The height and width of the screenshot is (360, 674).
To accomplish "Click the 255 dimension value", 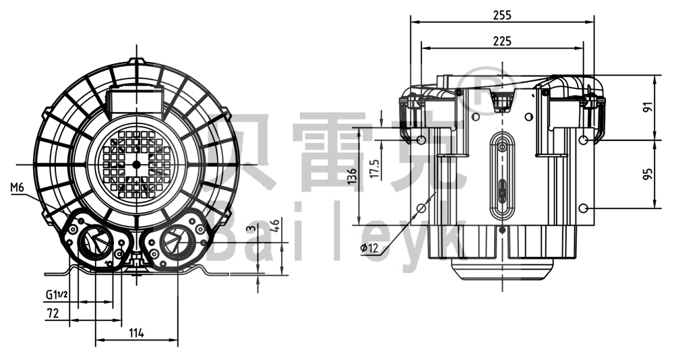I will tap(501, 14).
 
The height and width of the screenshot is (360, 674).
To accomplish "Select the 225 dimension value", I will tap(501, 41).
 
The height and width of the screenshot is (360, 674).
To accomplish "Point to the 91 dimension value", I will tap(648, 109).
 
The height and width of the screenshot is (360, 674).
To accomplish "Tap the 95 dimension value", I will tap(648, 174).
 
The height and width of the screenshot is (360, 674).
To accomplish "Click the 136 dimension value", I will tap(352, 177).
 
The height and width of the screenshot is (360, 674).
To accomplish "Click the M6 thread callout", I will tap(18, 187).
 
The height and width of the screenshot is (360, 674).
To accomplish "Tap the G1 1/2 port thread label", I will tap(57, 295).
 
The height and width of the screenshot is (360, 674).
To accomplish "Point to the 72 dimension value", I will tap(53, 313).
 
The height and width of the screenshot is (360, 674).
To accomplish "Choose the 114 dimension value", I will tap(136, 333).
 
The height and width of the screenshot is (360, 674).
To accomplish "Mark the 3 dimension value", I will tap(251, 228).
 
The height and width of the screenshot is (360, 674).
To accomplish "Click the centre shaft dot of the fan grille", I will tap(137, 164).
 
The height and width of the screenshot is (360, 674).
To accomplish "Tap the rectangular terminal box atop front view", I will tap(137, 101).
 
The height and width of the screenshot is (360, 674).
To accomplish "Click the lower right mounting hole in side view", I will tap(584, 207).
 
